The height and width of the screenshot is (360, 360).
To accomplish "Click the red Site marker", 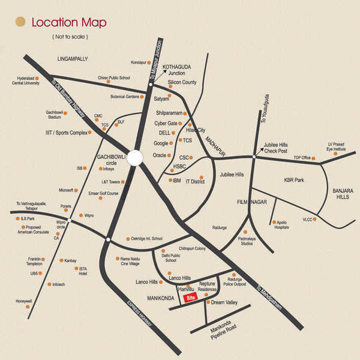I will coord(191,297).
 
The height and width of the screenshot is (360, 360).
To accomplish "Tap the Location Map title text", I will coord(69,23).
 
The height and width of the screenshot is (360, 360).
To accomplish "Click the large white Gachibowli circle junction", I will coord(134,157).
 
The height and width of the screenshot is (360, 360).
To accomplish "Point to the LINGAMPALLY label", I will coord(73,59).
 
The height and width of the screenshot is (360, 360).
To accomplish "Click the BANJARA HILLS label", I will coord(343,193).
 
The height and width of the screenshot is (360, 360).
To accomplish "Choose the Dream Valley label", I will coord(224,302).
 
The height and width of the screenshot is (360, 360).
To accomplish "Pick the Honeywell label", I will coord(23,301).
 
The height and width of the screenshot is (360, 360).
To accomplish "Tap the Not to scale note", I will coord(70,37).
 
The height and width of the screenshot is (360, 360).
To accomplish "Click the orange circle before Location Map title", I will coord(20,23).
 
